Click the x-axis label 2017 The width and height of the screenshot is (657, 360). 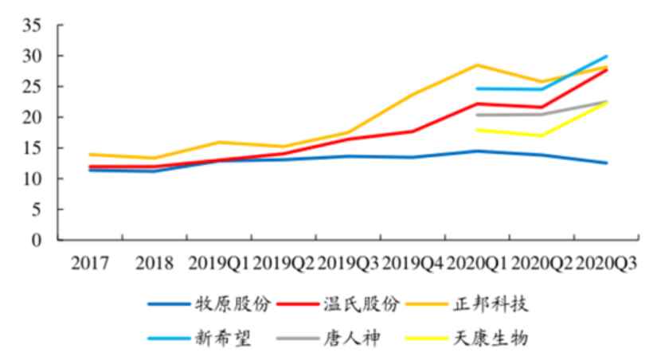coord(90,263)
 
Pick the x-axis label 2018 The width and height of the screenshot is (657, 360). coord(154,263)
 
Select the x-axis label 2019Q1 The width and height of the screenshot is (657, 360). coord(219,263)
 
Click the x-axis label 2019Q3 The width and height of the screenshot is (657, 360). coord(348,263)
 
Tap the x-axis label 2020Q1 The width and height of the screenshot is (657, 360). coord(477,263)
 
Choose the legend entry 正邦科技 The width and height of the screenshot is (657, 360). coord(495,303)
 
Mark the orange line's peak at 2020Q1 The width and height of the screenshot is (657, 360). coord(477,65)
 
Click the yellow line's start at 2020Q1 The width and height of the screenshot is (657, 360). coord(477,129)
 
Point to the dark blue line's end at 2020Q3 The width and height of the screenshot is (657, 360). coord(607,162)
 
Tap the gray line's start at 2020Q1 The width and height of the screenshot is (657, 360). coord(477,115)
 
